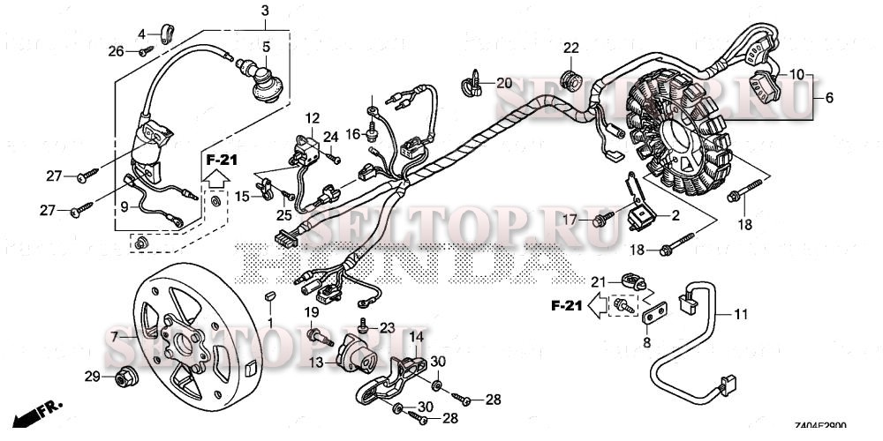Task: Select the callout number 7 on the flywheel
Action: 114,337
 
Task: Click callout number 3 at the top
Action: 264,11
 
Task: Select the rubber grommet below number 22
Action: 570,79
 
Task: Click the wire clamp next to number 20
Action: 471,85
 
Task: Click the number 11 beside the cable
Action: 740,314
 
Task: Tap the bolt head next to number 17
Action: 601,218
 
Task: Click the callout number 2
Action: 675,214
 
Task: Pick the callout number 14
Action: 415,336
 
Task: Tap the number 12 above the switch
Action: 312,117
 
